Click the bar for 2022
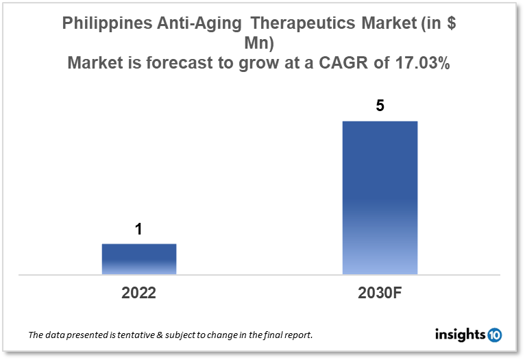(139, 259)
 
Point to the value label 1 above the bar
(138, 230)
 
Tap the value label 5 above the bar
(380, 107)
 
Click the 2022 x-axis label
(139, 293)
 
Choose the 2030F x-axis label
(380, 293)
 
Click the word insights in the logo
(460, 335)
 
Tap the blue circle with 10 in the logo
(493, 335)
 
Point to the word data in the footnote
(56, 335)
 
